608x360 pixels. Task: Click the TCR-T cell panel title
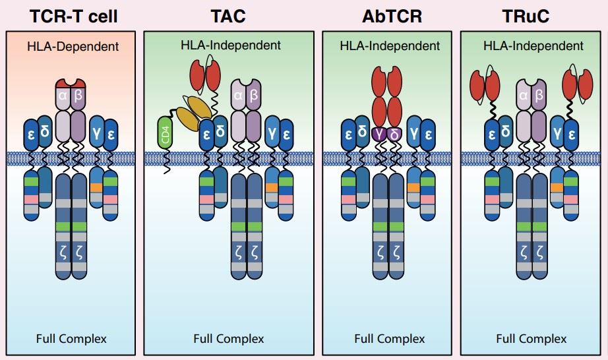(x=74, y=16)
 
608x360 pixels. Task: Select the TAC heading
(x=228, y=16)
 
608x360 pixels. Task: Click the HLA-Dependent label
(x=74, y=47)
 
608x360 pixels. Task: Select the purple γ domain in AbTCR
(x=379, y=135)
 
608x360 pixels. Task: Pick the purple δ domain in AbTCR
(x=394, y=135)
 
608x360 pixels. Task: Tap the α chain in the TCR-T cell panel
(x=63, y=99)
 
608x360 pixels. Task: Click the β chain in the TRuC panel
(x=539, y=99)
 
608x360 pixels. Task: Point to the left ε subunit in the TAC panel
(x=206, y=132)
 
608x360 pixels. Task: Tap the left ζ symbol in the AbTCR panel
(x=379, y=251)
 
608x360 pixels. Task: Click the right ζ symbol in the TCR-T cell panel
(x=79, y=251)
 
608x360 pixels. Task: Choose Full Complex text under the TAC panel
(x=228, y=339)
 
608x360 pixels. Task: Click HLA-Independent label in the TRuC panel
(x=533, y=46)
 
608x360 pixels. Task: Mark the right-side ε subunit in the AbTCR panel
(x=429, y=132)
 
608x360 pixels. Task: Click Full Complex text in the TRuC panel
(x=531, y=339)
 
